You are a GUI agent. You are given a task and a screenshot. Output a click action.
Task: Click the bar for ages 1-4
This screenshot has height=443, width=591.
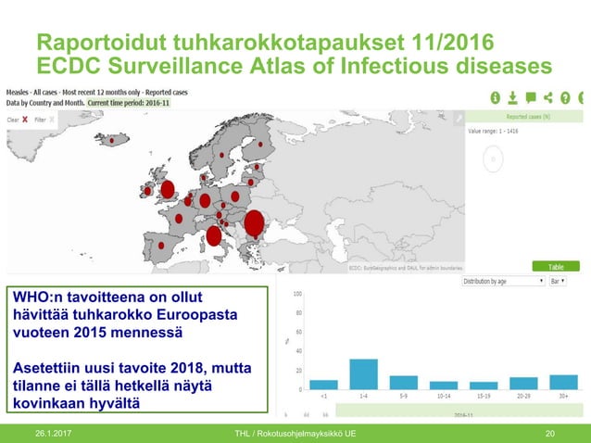point(363,373)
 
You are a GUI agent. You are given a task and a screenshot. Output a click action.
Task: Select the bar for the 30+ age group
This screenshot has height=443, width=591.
point(563,382)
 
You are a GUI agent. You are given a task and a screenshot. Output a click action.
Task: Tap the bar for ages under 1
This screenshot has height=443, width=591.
point(323,384)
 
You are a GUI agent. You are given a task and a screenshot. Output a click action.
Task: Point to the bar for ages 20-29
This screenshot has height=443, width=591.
point(523,383)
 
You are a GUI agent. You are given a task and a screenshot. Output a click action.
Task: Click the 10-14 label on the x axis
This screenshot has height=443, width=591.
point(443,396)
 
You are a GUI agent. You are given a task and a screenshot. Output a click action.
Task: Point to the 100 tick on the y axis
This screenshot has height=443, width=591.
point(296,294)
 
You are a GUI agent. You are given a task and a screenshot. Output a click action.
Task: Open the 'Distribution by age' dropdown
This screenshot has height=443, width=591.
point(503,281)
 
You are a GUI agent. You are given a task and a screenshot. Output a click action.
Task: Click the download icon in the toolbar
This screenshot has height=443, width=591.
point(512,97)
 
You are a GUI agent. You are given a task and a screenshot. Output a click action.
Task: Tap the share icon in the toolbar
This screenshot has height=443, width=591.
point(547,97)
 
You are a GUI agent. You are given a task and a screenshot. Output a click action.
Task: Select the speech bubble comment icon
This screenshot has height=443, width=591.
point(530,97)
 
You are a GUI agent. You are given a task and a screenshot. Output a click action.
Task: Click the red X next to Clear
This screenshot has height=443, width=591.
point(25,120)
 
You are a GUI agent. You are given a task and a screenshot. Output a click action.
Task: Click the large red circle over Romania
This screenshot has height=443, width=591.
point(253,222)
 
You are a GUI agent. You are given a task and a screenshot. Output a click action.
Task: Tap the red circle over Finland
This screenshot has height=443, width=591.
point(260,145)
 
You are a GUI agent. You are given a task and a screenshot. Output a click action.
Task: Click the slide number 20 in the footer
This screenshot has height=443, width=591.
point(550,434)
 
